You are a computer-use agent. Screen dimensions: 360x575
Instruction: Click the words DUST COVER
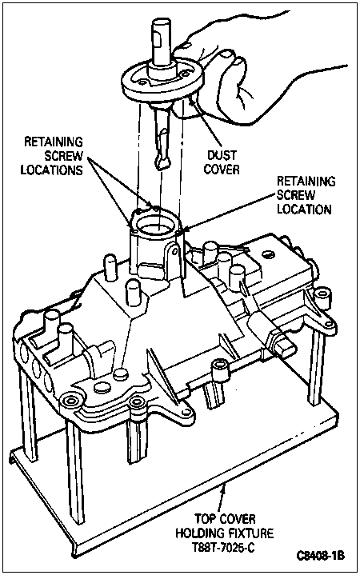(x=222, y=162)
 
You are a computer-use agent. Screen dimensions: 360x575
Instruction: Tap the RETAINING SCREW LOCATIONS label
(x=52, y=155)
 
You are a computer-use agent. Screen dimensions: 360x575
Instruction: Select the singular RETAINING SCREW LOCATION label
(x=306, y=195)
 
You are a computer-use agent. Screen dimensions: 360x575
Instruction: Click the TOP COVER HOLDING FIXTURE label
(x=225, y=525)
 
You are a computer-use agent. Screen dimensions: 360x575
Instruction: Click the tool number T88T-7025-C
(x=223, y=547)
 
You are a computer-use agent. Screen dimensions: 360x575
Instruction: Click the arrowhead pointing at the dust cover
(x=192, y=102)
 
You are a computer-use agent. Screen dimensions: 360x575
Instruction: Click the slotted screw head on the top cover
(x=267, y=254)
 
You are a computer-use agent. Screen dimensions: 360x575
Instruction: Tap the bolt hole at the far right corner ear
(x=323, y=296)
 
